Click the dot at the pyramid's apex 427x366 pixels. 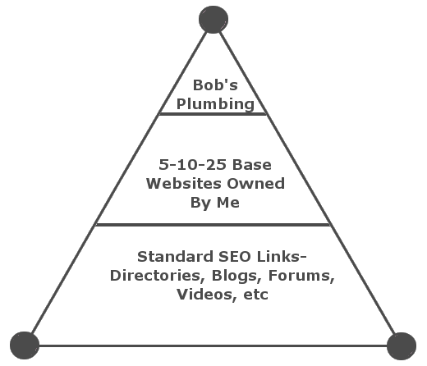pyautogui.click(x=213, y=20)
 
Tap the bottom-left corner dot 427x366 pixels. pyautogui.click(x=25, y=345)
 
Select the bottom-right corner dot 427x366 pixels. pyautogui.click(x=402, y=345)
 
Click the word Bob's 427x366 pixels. pyautogui.click(x=215, y=85)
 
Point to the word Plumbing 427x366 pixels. pyautogui.click(x=215, y=104)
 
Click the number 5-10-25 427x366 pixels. pyautogui.click(x=193, y=165)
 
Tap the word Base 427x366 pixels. pyautogui.click(x=252, y=165)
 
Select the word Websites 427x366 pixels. pyautogui.click(x=184, y=183)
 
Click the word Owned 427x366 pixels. pyautogui.click(x=256, y=183)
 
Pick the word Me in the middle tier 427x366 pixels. pyautogui.click(x=228, y=203)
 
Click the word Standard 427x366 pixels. pyautogui.click(x=175, y=257)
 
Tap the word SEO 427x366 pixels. pyautogui.click(x=235, y=257)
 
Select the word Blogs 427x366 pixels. pyautogui.click(x=237, y=276)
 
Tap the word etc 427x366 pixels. pyautogui.click(x=255, y=295)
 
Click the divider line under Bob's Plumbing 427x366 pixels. pyautogui.click(x=213, y=114)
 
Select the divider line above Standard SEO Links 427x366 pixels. pyautogui.click(x=213, y=225)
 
